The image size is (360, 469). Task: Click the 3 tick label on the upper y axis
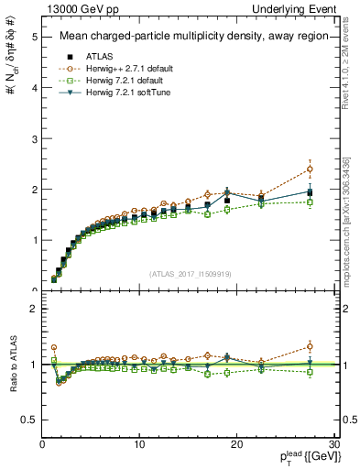click(x=34, y=139)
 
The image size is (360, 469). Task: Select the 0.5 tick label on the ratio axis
click(x=29, y=420)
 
